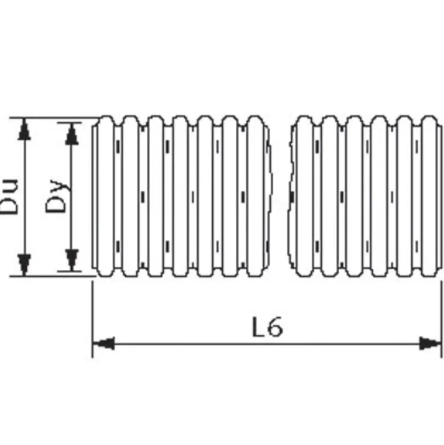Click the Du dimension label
(x=9, y=196)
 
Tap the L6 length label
(x=267, y=327)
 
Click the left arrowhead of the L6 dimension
(x=104, y=344)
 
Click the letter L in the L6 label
(x=258, y=327)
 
